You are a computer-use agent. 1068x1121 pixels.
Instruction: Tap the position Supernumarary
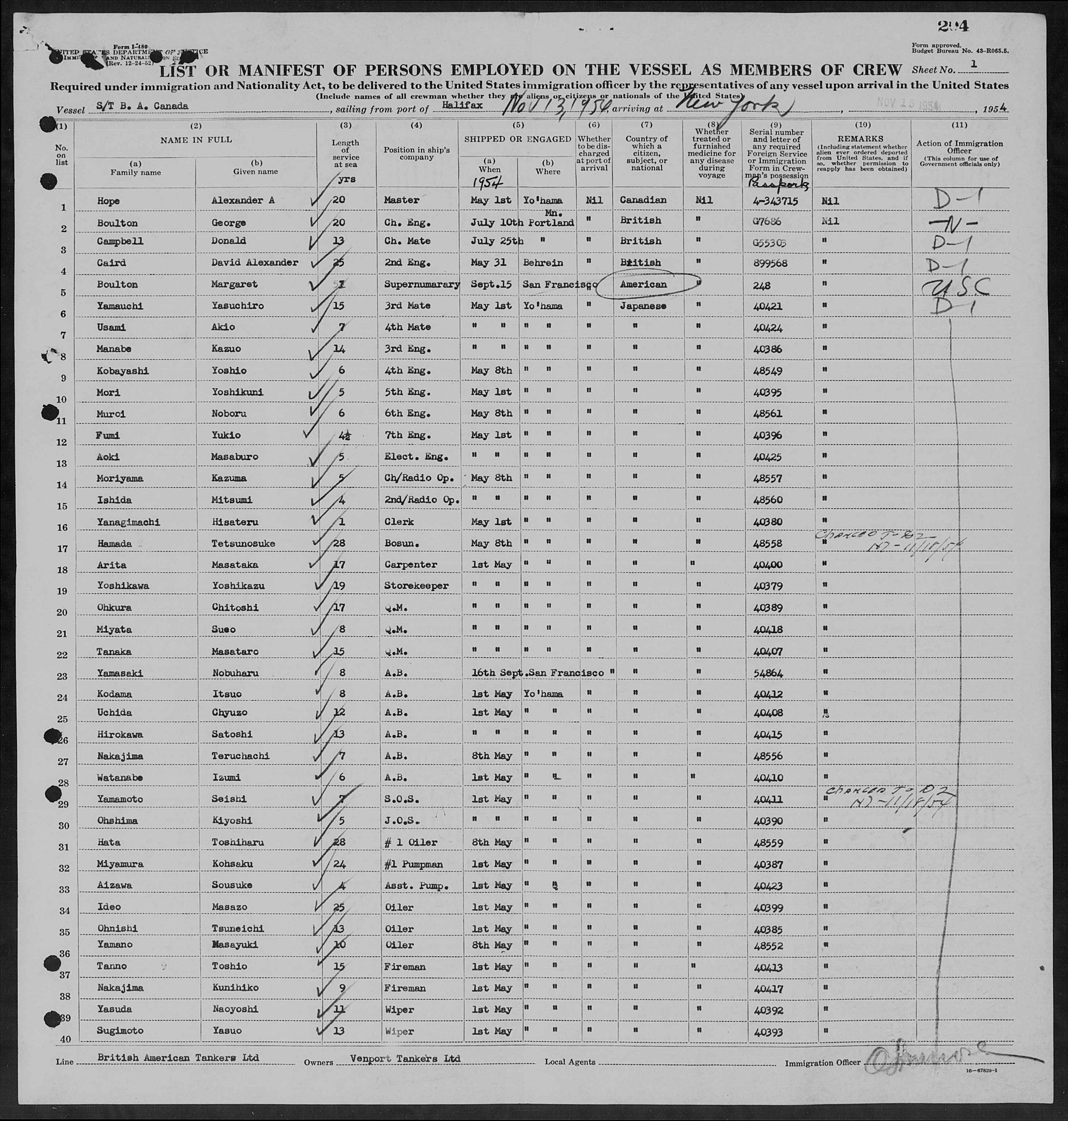421,285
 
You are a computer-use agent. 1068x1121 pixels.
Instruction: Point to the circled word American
644,285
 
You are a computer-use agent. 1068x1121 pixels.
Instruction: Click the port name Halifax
462,105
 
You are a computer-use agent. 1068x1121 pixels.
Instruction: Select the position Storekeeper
416,586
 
